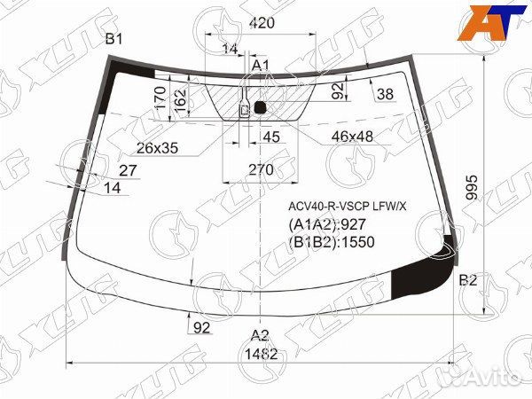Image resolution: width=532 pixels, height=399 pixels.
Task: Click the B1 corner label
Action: click(x=114, y=38)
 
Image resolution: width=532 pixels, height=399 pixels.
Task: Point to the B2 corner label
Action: click(x=468, y=280)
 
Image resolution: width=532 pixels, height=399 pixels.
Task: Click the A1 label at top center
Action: click(x=260, y=66)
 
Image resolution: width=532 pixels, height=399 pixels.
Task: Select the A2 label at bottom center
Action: click(x=259, y=334)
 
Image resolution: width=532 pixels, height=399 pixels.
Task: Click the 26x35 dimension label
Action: click(x=158, y=148)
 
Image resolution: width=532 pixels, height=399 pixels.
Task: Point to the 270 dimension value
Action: click(x=259, y=169)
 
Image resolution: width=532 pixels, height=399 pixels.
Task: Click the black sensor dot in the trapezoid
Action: click(x=260, y=108)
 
